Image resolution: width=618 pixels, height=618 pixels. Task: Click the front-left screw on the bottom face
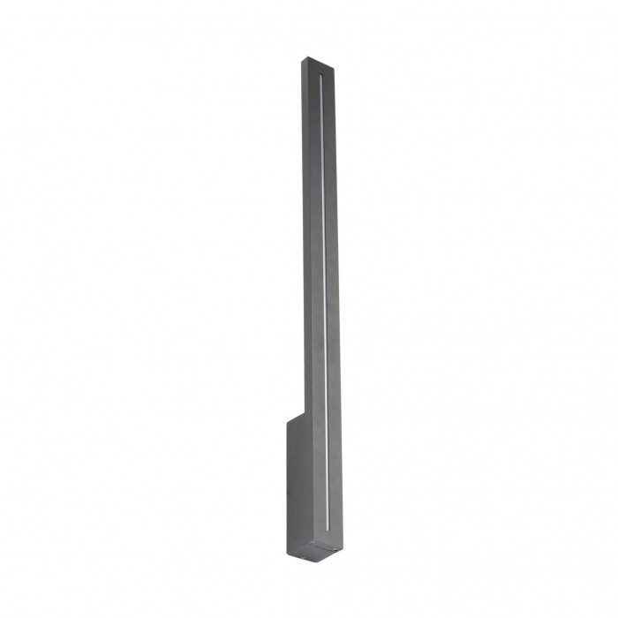pos(313,542)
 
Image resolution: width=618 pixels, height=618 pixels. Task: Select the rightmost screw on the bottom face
pos(335,549)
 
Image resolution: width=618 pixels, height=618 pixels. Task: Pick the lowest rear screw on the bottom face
pos(304,558)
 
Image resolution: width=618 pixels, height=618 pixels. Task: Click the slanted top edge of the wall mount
pos(296,418)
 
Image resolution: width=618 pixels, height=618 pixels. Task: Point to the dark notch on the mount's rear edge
pos(288,492)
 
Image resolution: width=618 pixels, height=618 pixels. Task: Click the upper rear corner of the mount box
pos(288,423)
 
